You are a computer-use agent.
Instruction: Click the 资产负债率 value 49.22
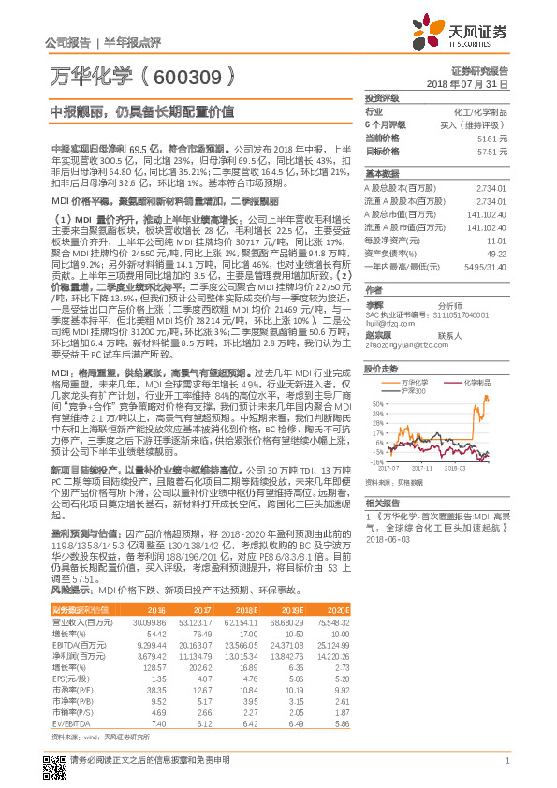[496, 253]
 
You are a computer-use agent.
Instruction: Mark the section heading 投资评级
[382, 97]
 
